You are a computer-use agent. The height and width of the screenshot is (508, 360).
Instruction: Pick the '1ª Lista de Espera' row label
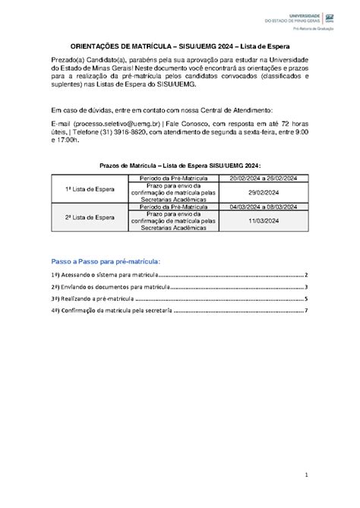pyautogui.click(x=89, y=188)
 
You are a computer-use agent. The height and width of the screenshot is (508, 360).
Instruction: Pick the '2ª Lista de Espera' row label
pyautogui.click(x=89, y=217)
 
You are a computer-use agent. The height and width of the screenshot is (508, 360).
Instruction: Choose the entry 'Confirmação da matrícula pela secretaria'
pyautogui.click(x=114, y=311)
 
